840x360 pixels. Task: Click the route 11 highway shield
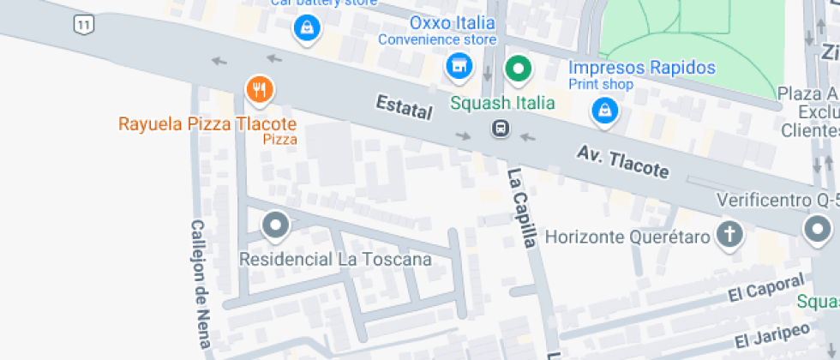tap(83, 24)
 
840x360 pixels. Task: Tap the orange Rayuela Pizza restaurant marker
tap(259, 88)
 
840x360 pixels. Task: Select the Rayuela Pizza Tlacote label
tap(207, 123)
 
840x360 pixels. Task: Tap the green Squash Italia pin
tap(517, 68)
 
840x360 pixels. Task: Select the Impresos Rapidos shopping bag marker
tap(605, 110)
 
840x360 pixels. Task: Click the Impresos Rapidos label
tap(642, 68)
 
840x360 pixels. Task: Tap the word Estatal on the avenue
tap(404, 109)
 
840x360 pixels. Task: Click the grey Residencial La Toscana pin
tap(275, 226)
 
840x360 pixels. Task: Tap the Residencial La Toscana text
tap(334, 259)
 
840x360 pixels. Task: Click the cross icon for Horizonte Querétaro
tap(729, 233)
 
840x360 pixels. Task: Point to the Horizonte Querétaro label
tap(627, 236)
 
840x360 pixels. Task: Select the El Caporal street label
tap(767, 289)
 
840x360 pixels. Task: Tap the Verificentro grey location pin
tap(817, 229)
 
